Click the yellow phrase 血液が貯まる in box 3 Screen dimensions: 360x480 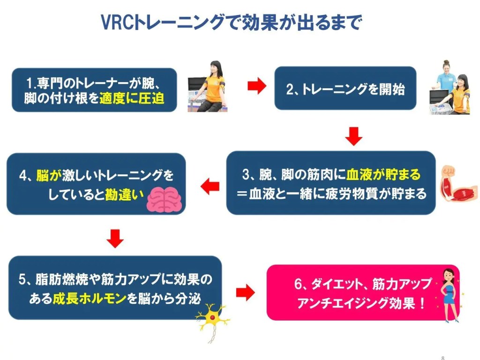click(x=383, y=175)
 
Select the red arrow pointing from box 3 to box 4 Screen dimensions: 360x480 click(x=210, y=187)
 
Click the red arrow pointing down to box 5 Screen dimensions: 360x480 click(x=115, y=239)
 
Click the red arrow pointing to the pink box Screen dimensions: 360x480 click(x=245, y=293)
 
